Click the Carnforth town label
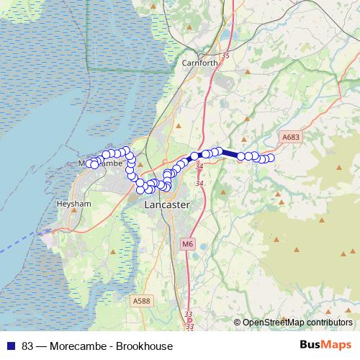click(200, 63)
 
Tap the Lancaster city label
click(167, 205)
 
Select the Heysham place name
click(71, 204)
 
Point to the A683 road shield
click(290, 137)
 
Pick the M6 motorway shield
click(188, 244)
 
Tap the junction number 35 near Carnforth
click(205, 55)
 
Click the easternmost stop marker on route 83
click(271, 158)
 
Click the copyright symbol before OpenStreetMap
click(237, 322)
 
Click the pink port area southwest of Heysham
click(48, 235)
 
